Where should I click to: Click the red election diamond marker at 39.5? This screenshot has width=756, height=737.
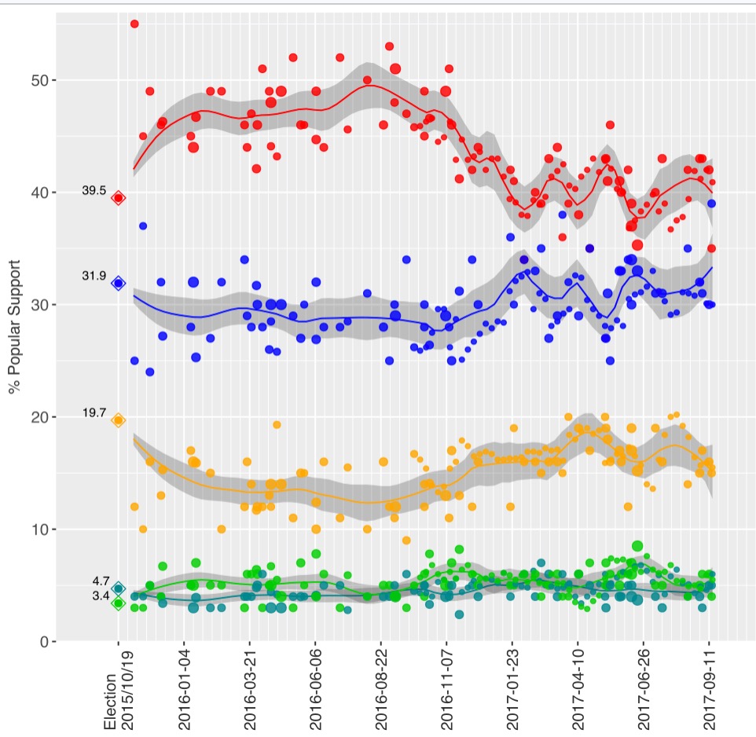point(119,198)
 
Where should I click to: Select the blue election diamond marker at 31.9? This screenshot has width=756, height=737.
point(119,284)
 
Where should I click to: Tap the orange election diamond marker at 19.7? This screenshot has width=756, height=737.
point(119,420)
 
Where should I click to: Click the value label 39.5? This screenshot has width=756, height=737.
point(95,191)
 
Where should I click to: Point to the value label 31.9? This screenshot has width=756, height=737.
point(95,276)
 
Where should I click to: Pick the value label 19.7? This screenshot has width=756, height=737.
point(95,413)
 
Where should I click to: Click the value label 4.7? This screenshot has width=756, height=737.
point(100,581)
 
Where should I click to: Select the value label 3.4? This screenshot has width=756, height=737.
point(100,596)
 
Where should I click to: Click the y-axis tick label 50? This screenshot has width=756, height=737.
point(39,81)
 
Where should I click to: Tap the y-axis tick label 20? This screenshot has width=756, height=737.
point(39,417)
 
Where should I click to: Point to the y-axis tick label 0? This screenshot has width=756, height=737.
point(42,642)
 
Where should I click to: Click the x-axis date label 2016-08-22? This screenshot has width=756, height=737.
point(381,692)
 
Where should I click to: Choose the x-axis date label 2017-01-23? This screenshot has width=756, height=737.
point(512,692)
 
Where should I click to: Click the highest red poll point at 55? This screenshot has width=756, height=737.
point(134,24)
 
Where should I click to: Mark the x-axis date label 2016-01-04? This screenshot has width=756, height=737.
point(185,692)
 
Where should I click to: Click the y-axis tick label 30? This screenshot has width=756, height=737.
point(39,305)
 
